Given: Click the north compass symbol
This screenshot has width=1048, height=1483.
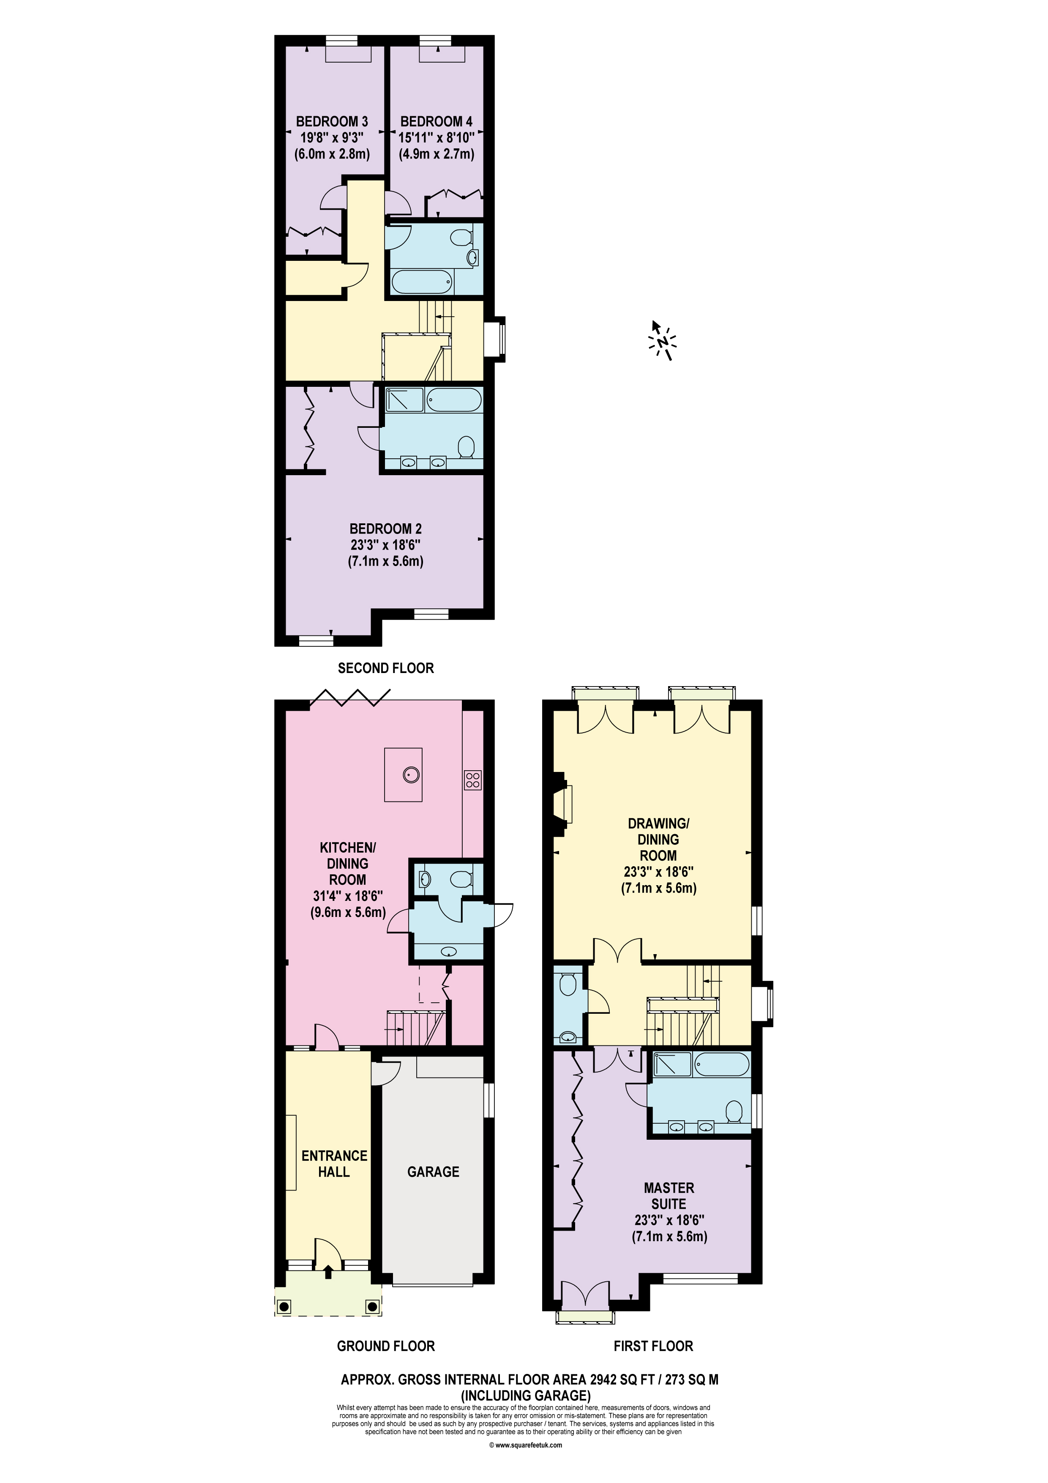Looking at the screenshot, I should (x=661, y=340).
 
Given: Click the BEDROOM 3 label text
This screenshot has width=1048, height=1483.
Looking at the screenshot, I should (x=332, y=121).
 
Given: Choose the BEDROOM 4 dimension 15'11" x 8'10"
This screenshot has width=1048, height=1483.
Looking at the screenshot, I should (x=437, y=137).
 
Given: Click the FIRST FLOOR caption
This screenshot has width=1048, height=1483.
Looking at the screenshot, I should (x=653, y=1346).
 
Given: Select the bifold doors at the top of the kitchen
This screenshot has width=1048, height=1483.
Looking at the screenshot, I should (x=351, y=696).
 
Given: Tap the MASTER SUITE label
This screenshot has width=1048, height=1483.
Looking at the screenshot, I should (x=669, y=1196).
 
